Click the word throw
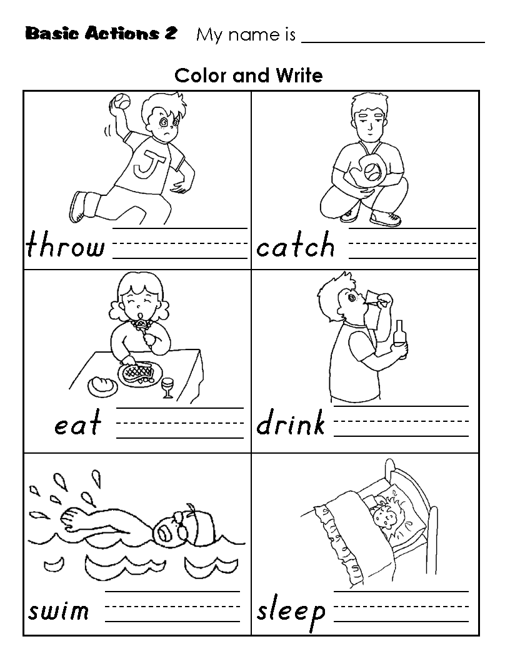[x=65, y=245]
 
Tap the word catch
[x=296, y=245]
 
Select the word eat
[x=78, y=422]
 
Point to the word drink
[x=291, y=422]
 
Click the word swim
[x=59, y=610]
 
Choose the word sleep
[x=291, y=612]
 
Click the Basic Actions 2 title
[x=101, y=33]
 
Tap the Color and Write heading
[x=248, y=76]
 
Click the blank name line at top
[x=393, y=42]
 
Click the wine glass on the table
[x=168, y=388]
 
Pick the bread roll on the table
[x=102, y=386]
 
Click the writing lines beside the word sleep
[x=401, y=606]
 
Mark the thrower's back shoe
[x=78, y=207]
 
